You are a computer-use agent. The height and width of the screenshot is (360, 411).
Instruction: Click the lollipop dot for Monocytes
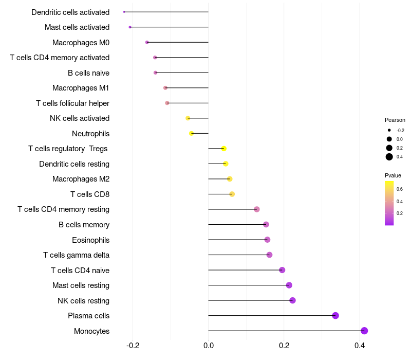click(364, 331)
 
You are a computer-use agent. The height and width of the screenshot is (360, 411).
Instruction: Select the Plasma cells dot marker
click(335, 316)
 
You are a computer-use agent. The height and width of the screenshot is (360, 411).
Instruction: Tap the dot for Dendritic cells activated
click(124, 12)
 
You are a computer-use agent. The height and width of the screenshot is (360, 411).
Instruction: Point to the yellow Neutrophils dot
click(191, 133)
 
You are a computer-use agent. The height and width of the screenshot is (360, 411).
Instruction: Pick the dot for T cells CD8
click(232, 194)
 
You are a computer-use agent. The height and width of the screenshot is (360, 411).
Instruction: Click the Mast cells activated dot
click(130, 27)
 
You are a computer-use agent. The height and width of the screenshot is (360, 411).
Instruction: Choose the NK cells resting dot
click(292, 300)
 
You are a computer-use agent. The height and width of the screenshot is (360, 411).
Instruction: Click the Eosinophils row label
click(90, 240)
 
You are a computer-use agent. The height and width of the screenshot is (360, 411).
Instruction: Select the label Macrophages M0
click(81, 42)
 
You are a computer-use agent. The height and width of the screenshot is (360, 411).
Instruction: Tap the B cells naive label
click(88, 73)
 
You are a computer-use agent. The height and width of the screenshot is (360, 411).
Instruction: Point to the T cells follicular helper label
click(72, 103)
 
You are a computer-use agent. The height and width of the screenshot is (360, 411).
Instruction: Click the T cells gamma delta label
click(76, 255)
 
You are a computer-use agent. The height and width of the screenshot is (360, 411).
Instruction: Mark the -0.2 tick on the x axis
click(133, 345)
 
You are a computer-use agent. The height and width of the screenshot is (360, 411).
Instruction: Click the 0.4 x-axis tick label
click(360, 345)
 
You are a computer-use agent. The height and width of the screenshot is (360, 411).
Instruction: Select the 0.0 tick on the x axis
click(209, 345)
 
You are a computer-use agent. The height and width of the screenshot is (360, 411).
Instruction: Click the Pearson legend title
click(395, 120)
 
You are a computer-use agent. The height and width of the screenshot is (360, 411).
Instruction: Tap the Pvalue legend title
click(393, 175)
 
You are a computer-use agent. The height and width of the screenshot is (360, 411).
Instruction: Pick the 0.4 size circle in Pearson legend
click(389, 157)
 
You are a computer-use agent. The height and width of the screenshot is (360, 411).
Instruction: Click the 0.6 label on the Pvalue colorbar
click(400, 189)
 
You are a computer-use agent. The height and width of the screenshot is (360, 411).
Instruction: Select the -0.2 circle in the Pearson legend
click(389, 130)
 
